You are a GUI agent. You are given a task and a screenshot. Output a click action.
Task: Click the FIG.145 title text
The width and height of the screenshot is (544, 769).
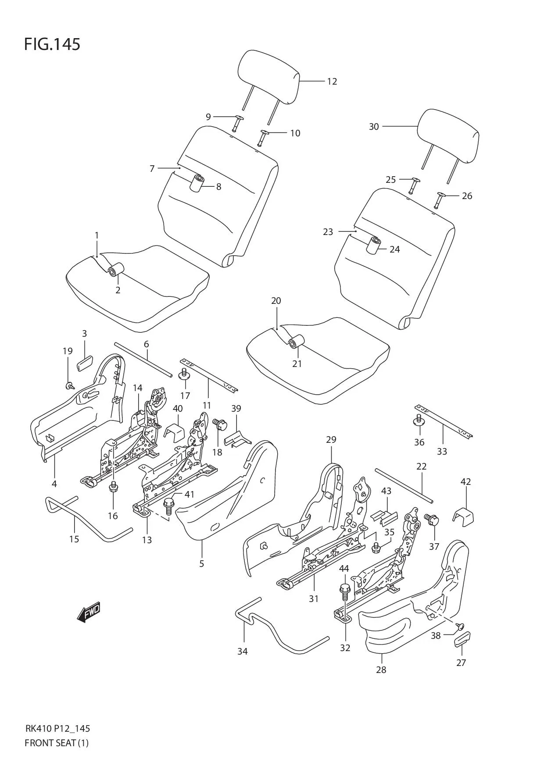point(52,44)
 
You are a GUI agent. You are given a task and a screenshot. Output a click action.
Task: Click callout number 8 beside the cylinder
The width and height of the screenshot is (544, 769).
point(218,187)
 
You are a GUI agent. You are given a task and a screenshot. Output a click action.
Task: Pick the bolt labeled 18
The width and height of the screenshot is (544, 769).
point(220,424)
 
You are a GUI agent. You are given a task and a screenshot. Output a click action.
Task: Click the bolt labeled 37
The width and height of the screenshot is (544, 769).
point(432,520)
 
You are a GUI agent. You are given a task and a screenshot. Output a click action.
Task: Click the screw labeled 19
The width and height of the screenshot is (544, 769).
point(69,386)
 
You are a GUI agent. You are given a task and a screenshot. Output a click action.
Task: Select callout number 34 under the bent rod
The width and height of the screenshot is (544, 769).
point(243,652)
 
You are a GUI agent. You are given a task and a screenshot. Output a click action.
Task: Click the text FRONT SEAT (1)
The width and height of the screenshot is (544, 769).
point(57,743)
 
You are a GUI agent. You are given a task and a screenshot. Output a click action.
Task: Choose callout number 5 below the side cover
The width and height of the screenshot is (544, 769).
point(202,563)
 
